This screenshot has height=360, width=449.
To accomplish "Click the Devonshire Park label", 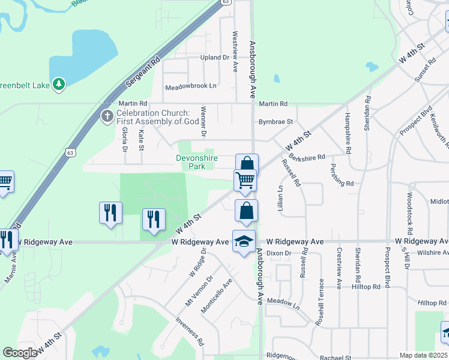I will tap(196, 161).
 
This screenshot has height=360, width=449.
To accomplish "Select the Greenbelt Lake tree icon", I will tap(59, 84).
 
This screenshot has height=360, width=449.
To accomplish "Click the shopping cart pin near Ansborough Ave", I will tap(245, 180).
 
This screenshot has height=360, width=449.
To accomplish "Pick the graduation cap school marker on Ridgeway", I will tap(244, 241).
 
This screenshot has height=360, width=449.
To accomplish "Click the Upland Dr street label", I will tap(214, 58).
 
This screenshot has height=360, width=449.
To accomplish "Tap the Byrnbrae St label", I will tap(276, 122).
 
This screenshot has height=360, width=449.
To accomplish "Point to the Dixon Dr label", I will tap(279, 253).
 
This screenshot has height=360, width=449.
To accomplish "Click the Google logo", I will tap(20, 353).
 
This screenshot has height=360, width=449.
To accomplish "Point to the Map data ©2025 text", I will tap(424, 355).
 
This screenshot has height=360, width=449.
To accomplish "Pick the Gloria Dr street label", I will tap(125, 139).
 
